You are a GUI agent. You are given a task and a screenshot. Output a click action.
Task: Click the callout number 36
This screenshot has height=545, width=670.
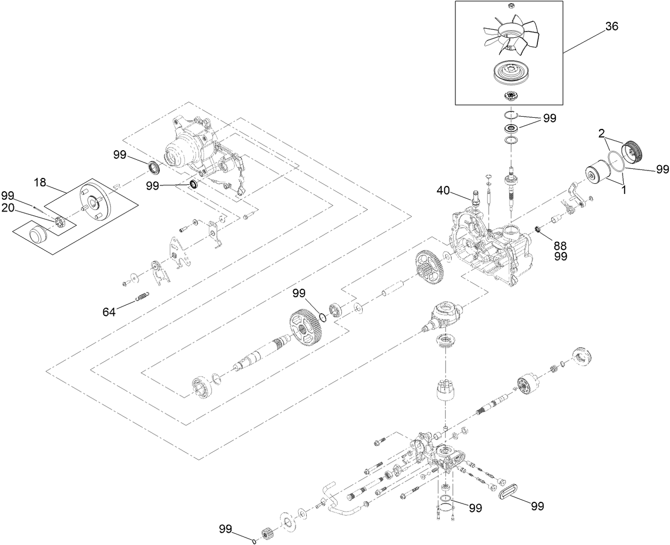pos(611,27)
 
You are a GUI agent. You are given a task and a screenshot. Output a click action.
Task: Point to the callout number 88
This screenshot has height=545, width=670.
pos(560,246)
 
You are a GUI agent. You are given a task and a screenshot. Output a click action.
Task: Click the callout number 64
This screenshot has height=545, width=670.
pos(109,312)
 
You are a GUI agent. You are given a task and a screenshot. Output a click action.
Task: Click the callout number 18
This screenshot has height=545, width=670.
pos(41,182)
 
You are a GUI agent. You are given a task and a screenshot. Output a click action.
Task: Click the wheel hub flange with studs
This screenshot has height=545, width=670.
pos(96,202)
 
